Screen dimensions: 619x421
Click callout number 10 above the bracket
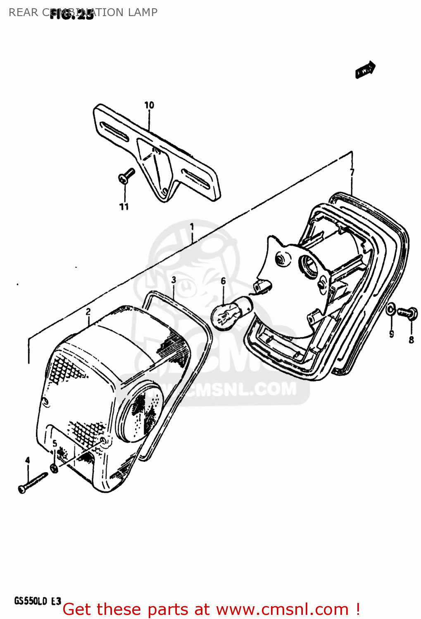pos(149,105)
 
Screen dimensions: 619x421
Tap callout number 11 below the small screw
pos(124,207)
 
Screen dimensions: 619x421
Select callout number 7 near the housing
pos(352,172)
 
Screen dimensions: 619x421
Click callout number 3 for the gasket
pos(174,280)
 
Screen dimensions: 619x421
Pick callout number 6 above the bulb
pos(223,281)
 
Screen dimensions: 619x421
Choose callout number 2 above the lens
pos(88,312)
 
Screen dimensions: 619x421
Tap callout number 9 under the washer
pos(391,334)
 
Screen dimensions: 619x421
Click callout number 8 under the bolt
pos(411,340)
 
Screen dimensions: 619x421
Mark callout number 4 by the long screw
pos(28,460)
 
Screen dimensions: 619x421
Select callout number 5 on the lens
pos(55,444)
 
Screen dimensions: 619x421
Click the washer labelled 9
pos(391,309)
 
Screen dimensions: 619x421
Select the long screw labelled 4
pos(33,482)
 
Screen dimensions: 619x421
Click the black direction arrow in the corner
pos(365,70)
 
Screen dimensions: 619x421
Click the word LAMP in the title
pos(143,12)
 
